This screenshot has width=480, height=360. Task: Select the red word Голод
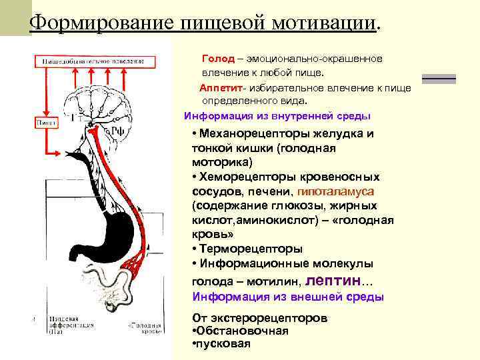pyautogui.click(x=217, y=59)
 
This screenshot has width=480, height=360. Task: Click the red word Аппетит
pyautogui.click(x=219, y=88)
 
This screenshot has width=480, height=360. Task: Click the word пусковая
pyautogui.click(x=223, y=343)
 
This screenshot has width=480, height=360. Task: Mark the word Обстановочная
pyautogui.click(x=243, y=331)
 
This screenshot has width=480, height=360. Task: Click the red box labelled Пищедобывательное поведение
pyautogui.click(x=93, y=61)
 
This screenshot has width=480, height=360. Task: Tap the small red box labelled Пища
pyautogui.click(x=46, y=123)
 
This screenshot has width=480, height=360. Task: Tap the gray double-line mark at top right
pyautogui.click(x=439, y=79)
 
